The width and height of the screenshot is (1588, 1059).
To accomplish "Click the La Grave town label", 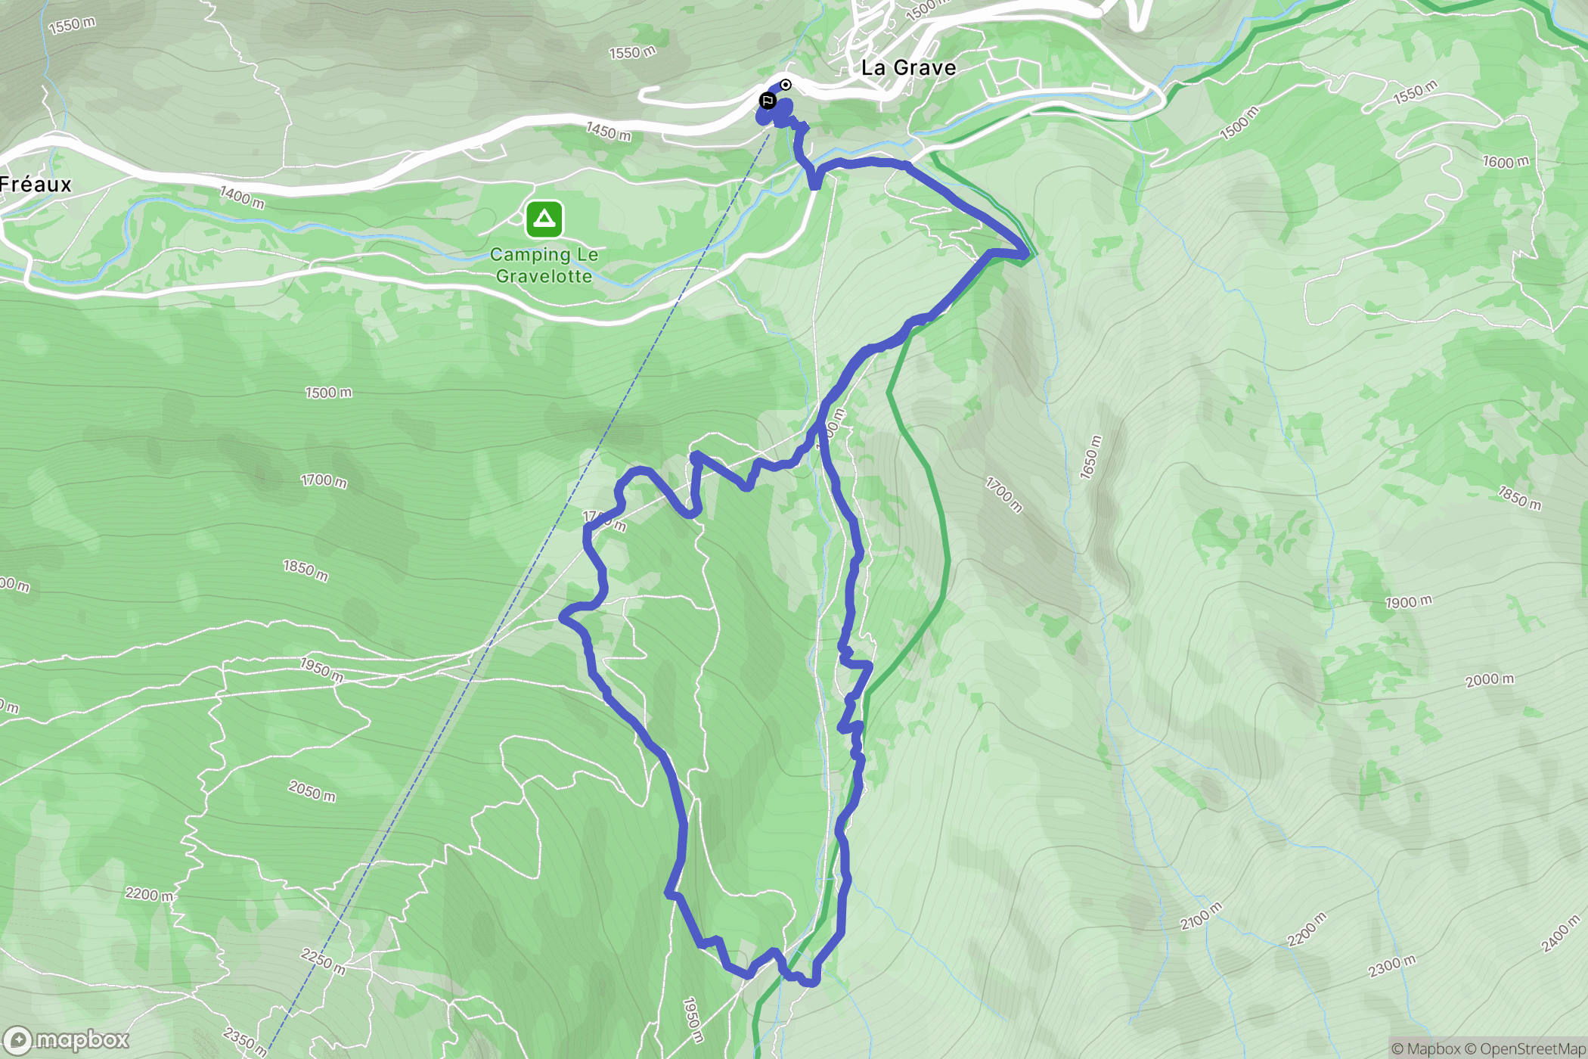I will click(908, 68).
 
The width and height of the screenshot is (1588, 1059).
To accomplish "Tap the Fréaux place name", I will click(36, 185).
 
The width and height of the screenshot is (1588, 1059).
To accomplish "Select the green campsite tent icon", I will click(544, 219).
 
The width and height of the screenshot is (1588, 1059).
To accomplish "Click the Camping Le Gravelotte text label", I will click(544, 266).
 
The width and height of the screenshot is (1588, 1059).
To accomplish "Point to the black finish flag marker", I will click(768, 101).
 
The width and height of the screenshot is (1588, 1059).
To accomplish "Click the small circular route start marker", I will click(786, 85).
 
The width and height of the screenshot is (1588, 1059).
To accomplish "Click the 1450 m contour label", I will click(609, 132).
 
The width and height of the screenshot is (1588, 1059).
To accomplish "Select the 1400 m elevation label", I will click(242, 197).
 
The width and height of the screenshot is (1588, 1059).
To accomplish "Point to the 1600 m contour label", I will click(1506, 162).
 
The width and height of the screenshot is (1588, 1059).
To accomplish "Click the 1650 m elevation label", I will click(1090, 458).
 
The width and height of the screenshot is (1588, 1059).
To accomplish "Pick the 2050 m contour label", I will click(312, 791).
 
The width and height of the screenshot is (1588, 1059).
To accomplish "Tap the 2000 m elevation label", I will click(1490, 679).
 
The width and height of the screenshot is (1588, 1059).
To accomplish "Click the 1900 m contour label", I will click(1408, 602).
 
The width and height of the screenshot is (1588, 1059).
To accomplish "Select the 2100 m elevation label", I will click(1201, 916).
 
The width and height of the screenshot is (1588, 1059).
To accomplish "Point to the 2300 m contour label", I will click(1391, 966).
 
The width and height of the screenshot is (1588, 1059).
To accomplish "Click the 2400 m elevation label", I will click(1561, 933).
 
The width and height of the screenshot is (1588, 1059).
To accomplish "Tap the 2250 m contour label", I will click(324, 961).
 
